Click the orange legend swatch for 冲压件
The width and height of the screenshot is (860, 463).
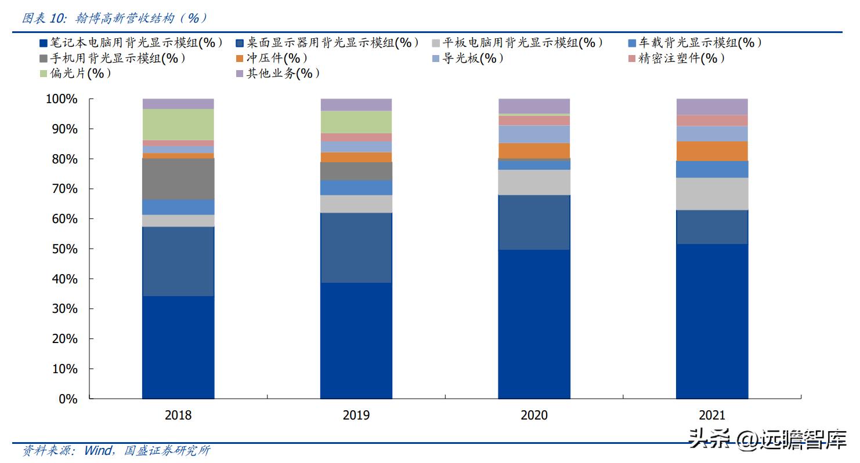pos(239,59)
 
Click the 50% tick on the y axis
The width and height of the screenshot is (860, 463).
pos(62,249)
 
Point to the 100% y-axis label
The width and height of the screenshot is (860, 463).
pos(60,100)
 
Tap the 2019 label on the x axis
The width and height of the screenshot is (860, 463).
pos(356,415)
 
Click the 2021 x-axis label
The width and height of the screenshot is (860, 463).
pos(711,415)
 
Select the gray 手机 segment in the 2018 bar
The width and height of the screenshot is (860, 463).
pos(178,178)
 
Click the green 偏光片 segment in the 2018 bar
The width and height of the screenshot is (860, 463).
pos(178,124)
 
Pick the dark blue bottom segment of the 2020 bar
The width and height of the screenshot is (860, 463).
pos(534,324)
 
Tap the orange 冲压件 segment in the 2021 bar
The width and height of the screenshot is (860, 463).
pos(711,151)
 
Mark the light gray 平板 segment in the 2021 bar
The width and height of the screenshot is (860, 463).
pos(711,194)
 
